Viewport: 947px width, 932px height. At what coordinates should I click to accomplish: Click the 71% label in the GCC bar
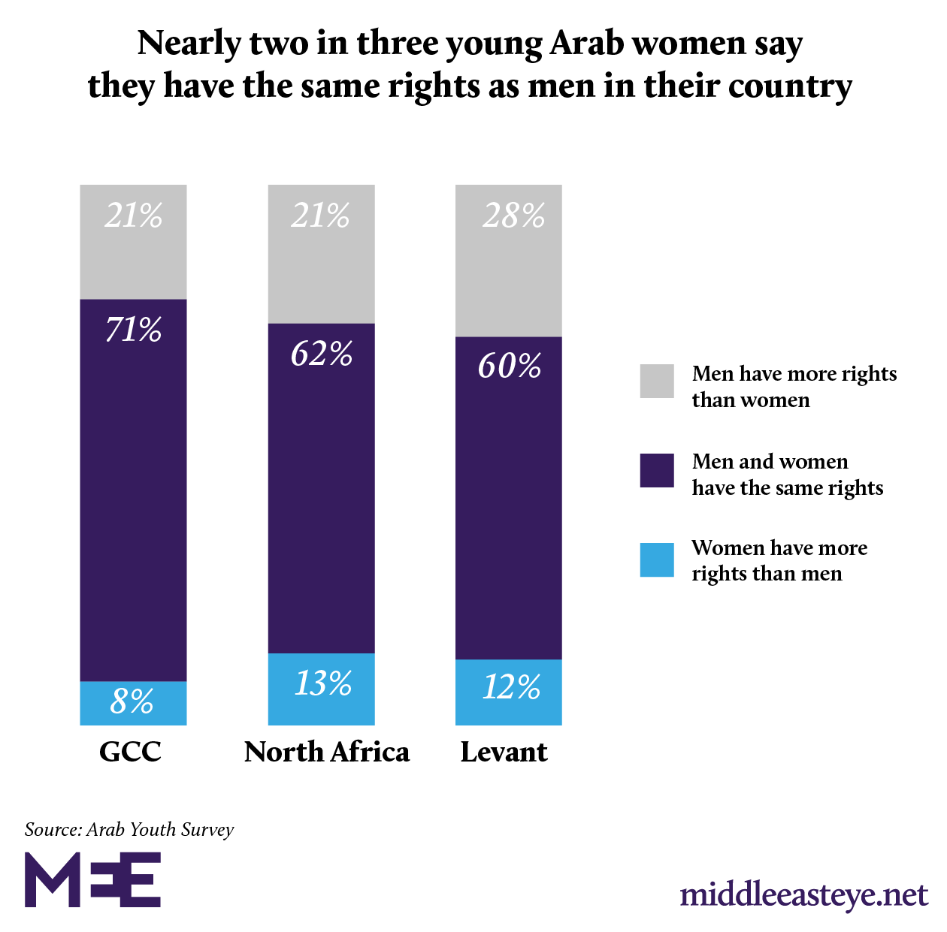(134, 330)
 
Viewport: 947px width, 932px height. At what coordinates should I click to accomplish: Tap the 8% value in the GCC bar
(132, 701)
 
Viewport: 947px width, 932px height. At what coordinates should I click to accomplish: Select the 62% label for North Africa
(322, 354)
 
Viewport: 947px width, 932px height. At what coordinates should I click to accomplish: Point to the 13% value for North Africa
(322, 683)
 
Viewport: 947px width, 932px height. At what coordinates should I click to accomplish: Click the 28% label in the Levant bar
(513, 216)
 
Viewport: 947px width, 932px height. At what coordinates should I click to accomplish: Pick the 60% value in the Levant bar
(510, 366)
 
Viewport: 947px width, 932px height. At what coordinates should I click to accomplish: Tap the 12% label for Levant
(511, 687)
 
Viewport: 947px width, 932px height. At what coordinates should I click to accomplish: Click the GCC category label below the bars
(131, 752)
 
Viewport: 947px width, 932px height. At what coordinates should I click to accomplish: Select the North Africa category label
(327, 752)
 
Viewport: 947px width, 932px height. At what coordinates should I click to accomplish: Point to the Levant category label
(504, 752)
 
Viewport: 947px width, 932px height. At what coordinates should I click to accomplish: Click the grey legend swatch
(657, 381)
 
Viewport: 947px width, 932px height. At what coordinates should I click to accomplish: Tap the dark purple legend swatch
(657, 471)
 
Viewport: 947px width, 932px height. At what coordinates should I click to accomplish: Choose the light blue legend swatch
(657, 560)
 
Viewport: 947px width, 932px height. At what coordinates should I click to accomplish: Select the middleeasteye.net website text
(804, 895)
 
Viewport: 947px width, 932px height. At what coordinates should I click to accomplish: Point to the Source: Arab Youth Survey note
(129, 830)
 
